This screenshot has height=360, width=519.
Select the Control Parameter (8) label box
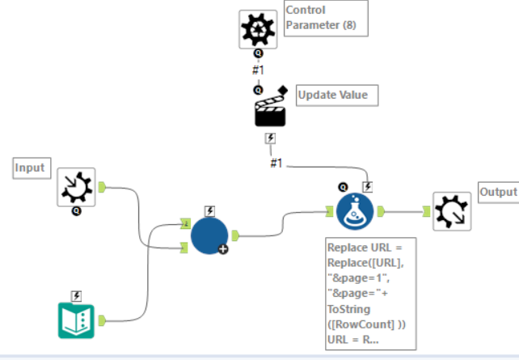click(326, 19)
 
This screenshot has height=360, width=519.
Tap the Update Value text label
click(332, 95)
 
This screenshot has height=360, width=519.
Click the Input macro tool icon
click(77, 188)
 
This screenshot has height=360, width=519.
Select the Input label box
click(31, 168)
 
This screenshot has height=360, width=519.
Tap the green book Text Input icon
click(77, 320)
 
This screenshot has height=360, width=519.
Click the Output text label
click(497, 192)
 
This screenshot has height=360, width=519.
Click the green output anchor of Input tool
click(103, 188)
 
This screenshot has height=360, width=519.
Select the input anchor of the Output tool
click(426, 212)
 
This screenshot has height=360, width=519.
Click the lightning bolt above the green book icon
click(77, 295)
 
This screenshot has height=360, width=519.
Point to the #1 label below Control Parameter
click(258, 70)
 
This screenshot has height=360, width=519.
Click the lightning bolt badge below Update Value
click(271, 139)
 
